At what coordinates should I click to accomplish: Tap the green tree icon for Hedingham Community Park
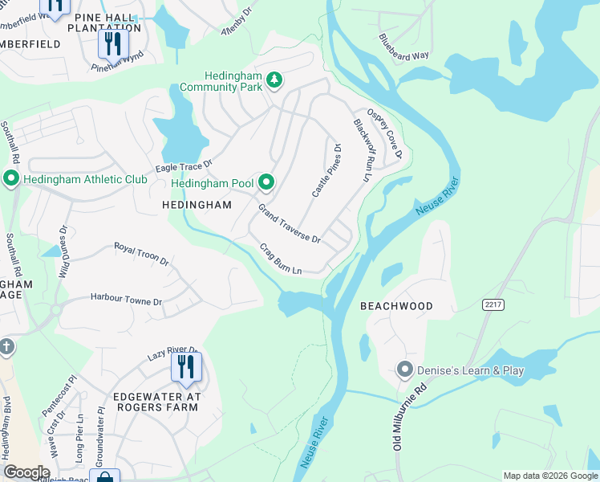(x=275, y=79)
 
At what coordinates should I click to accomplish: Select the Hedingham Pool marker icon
(x=266, y=183)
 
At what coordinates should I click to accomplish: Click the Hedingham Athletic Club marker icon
(x=11, y=178)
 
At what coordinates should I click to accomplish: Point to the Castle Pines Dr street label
(x=326, y=170)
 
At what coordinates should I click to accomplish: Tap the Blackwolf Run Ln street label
(x=361, y=149)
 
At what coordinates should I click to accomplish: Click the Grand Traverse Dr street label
(x=289, y=224)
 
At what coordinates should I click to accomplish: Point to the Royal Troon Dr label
(x=141, y=254)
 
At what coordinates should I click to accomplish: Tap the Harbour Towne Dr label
(x=126, y=298)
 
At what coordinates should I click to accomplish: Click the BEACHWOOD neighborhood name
(x=396, y=306)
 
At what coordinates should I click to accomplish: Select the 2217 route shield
(x=493, y=304)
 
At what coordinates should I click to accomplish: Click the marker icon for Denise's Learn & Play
(x=405, y=370)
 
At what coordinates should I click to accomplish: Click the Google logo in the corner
(x=26, y=472)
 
